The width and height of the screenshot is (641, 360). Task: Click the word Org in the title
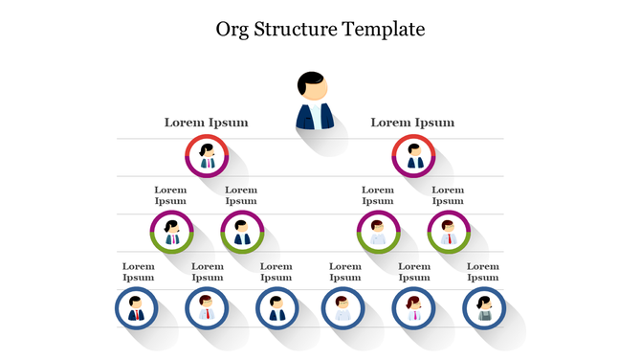coord(235,30)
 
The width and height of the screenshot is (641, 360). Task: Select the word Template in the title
coord(385,30)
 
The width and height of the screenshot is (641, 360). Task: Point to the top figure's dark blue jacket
coord(314,117)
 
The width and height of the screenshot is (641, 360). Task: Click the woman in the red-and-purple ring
coord(207,156)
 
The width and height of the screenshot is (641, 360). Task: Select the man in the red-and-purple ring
coord(413,156)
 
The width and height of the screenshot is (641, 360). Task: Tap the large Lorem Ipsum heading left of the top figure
coord(206,123)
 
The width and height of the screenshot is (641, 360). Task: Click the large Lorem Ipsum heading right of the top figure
coord(412,123)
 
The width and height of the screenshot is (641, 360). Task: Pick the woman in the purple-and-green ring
coord(172,233)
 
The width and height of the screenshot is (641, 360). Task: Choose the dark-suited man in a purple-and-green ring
coord(242,233)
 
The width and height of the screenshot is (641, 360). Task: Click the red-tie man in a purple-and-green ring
coord(448,233)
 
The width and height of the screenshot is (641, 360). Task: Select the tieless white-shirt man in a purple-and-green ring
coord(378,233)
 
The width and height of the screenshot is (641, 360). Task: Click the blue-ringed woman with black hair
coord(483,308)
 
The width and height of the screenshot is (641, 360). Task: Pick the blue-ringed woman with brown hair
coord(413,308)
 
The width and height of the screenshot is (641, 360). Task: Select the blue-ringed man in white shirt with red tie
coord(206,308)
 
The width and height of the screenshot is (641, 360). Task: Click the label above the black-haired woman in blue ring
coord(483,272)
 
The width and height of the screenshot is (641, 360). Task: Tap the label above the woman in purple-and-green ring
coord(171,195)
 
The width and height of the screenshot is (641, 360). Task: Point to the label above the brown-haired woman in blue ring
coord(413,272)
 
